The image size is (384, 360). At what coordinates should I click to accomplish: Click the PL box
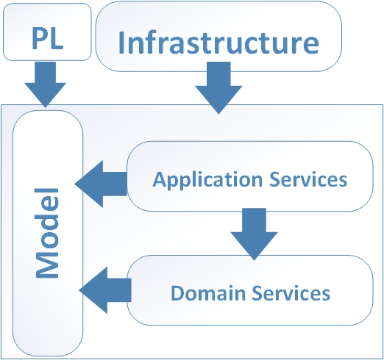click(x=47, y=32)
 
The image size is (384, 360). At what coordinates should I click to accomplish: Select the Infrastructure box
click(x=218, y=36)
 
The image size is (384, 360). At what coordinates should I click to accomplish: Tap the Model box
click(x=48, y=233)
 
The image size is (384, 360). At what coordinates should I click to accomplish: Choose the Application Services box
click(x=250, y=176)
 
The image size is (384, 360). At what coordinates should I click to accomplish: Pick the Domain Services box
click(x=250, y=290)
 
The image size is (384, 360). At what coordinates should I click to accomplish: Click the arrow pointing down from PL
click(x=46, y=84)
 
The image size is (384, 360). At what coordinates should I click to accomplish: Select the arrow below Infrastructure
click(x=218, y=88)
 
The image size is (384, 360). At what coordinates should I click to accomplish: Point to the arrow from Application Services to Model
click(x=101, y=184)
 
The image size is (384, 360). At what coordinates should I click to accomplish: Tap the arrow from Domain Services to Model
click(x=105, y=290)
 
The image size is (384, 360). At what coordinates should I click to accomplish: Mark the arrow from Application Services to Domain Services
click(x=254, y=234)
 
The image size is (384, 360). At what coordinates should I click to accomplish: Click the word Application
click(x=207, y=180)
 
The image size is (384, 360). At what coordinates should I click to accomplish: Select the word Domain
click(x=208, y=293)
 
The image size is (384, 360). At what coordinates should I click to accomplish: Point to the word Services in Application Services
click(x=308, y=179)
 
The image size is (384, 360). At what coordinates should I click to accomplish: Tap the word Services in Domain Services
click(x=291, y=293)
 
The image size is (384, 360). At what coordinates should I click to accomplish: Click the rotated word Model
click(x=47, y=233)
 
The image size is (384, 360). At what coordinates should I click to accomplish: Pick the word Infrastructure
click(x=218, y=42)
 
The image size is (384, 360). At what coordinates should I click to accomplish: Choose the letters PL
click(x=48, y=38)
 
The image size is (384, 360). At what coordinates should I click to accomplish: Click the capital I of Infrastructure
click(x=121, y=43)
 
